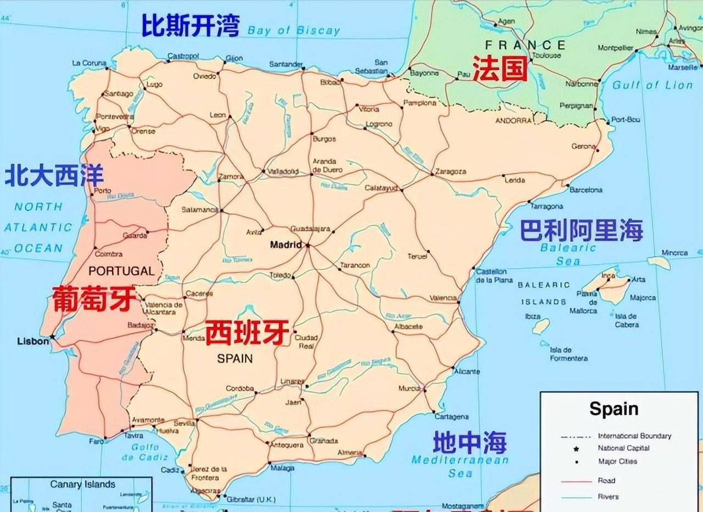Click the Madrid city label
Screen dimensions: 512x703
(x=286, y=245)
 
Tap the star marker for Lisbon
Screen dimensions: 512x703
(x=52, y=336)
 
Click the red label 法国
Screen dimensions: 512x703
(x=500, y=69)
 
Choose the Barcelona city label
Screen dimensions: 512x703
(x=585, y=190)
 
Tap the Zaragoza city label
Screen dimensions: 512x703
(x=450, y=171)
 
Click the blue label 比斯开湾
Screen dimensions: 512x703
(x=191, y=26)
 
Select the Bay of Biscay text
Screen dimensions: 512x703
(x=294, y=31)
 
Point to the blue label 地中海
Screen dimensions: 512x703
(x=470, y=442)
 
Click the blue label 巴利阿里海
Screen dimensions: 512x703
(x=582, y=230)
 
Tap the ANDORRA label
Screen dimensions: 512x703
(x=514, y=120)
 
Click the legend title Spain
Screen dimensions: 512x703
(x=613, y=409)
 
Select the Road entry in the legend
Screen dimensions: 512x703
(x=606, y=481)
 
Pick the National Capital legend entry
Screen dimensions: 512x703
(x=623, y=448)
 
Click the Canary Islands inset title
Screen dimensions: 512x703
(x=83, y=485)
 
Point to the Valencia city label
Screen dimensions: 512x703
(x=443, y=298)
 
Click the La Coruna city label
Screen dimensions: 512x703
(x=89, y=63)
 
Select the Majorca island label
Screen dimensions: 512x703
(x=642, y=298)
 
